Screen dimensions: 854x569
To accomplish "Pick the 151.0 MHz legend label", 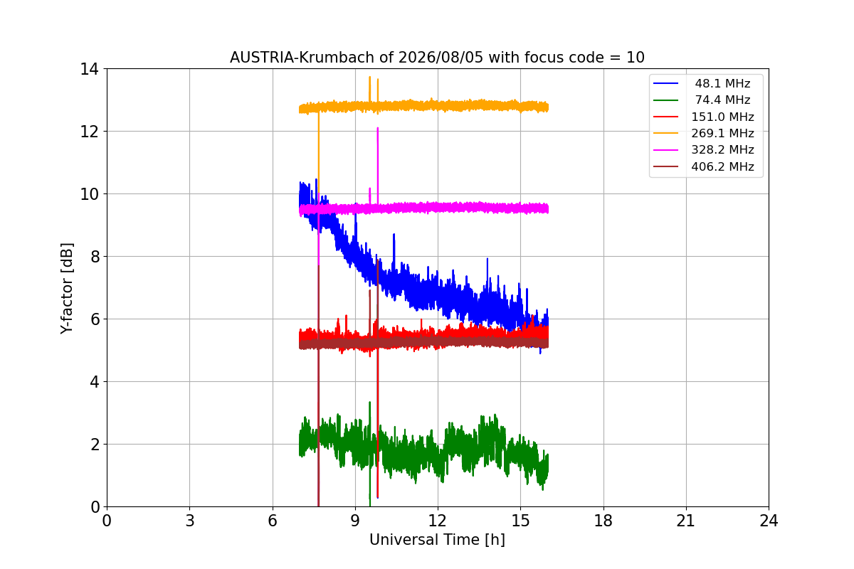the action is (x=722, y=117).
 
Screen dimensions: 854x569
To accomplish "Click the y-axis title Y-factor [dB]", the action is (x=67, y=289).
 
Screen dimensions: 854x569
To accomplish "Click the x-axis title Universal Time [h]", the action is (x=437, y=540).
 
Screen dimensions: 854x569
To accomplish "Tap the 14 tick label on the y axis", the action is (x=89, y=69).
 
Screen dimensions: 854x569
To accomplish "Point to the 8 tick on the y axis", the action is (x=95, y=257).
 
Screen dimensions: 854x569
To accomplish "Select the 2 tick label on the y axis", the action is (x=95, y=445).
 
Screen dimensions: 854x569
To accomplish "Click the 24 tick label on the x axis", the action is (x=769, y=521).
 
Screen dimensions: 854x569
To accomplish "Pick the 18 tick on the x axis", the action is (x=603, y=521).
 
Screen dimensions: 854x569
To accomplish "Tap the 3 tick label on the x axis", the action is (x=190, y=521).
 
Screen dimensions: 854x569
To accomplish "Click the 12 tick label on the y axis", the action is (x=89, y=132).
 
